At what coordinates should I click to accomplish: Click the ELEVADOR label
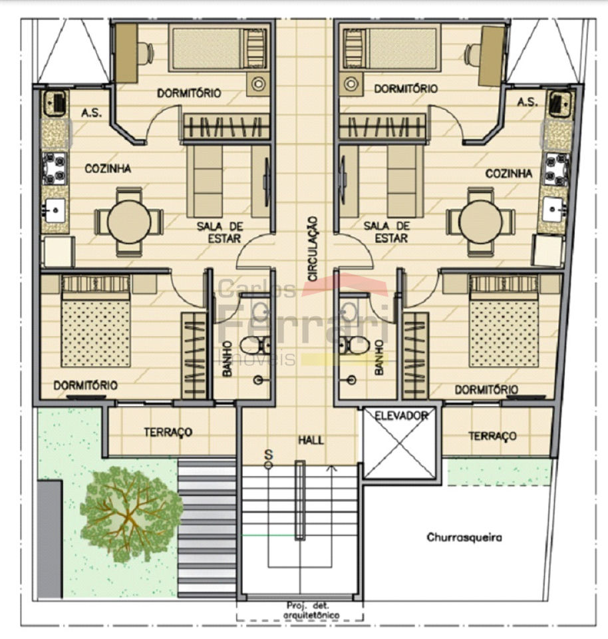[401, 415]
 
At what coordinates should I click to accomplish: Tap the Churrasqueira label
[464, 537]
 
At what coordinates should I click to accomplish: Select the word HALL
[311, 440]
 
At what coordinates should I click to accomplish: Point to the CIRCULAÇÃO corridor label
[313, 248]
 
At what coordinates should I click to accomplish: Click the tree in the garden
[130, 515]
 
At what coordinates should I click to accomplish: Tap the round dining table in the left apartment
[129, 222]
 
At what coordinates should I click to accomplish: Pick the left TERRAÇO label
[168, 432]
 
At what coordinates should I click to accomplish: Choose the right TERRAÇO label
[492, 436]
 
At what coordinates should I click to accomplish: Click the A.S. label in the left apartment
[92, 112]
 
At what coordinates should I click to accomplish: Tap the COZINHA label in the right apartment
[509, 174]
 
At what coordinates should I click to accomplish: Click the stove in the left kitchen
[54, 168]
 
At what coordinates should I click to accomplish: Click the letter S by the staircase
[268, 454]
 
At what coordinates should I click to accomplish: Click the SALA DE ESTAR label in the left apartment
[220, 232]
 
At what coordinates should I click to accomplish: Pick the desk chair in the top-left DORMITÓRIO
[146, 53]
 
